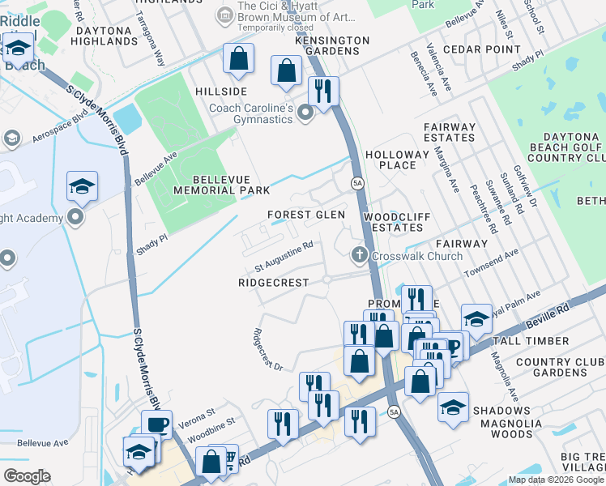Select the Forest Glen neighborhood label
(306, 215)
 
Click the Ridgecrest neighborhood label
(274, 283)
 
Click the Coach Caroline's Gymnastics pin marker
(305, 113)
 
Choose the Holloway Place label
(397, 160)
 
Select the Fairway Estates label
(450, 132)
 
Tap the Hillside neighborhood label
(220, 92)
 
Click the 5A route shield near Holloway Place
(356, 183)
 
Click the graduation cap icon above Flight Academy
(82, 186)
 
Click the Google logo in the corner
(27, 476)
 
